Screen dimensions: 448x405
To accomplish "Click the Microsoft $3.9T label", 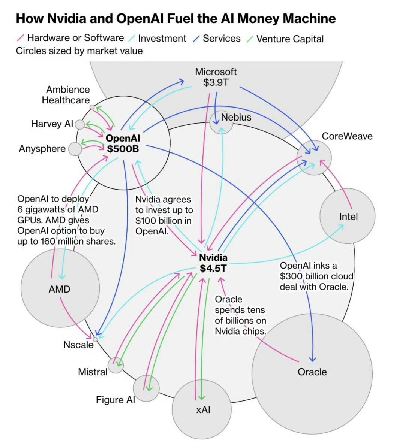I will point(216,77).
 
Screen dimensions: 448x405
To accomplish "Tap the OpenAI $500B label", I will point(123,144).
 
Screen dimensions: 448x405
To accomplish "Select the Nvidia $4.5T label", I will point(213,263).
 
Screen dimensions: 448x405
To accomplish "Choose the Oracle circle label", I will point(312,372).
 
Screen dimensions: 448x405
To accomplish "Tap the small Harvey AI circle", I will point(80,124).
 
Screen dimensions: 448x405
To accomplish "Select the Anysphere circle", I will point(75,149).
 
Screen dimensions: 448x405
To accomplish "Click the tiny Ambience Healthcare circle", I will point(92,107).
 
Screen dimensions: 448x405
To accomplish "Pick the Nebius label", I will point(236,117).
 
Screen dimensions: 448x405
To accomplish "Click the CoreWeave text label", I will point(347,136).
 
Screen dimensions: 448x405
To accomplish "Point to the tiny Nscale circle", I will point(95,339).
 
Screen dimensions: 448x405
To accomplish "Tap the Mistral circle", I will point(115,365).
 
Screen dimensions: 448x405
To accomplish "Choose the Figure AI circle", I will point(146,388).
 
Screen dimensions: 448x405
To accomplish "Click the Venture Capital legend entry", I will point(289,39).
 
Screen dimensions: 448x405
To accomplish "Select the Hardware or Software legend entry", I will point(75,38).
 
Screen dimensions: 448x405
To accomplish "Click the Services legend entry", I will point(221,39).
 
